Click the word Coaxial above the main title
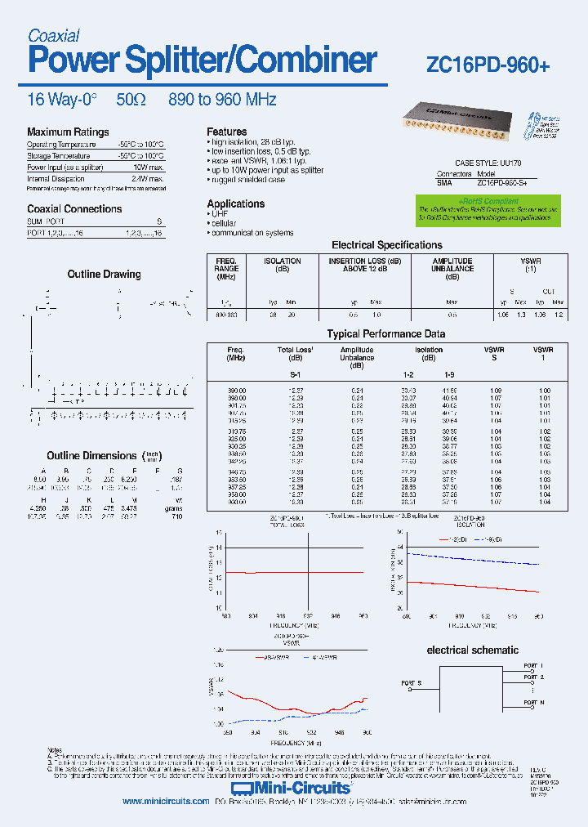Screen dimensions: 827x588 tap(53, 35)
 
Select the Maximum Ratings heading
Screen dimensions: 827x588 tap(68, 132)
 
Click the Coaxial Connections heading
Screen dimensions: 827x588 tap(74, 209)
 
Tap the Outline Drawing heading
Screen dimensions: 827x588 tap(104, 275)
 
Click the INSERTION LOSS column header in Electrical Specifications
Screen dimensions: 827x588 tap(364, 265)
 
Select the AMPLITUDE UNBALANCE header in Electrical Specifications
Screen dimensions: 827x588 tap(452, 265)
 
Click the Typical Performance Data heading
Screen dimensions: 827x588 tap(386, 333)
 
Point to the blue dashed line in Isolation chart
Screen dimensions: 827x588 tap(474, 560)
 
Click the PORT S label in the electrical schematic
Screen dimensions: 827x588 tap(412, 682)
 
